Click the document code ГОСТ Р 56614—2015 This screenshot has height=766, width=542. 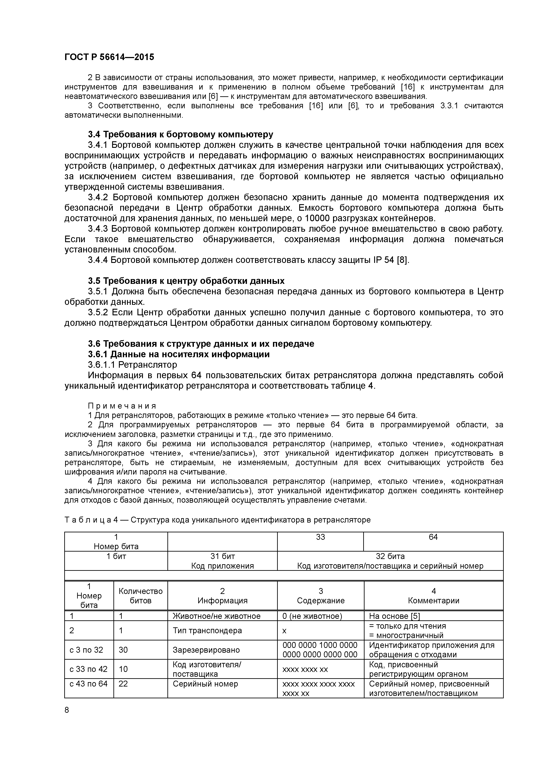tap(109, 57)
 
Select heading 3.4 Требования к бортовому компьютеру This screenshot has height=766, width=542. tap(180, 135)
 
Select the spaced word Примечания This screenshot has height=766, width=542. tap(122, 406)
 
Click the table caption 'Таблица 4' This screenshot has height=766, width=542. tap(91, 520)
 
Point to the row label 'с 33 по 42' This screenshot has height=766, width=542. tap(87, 669)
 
